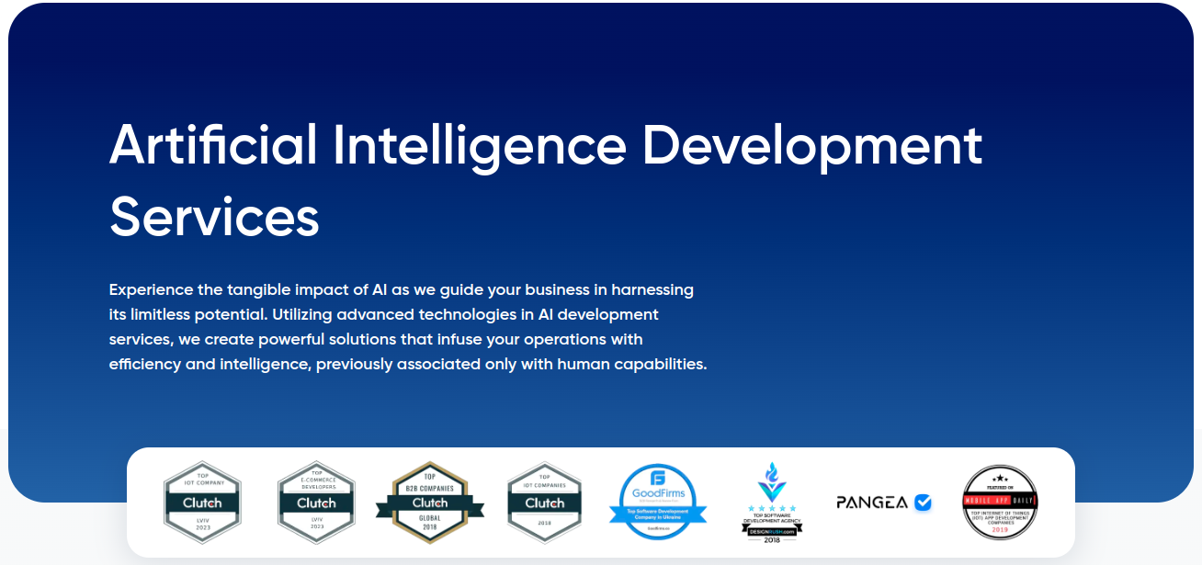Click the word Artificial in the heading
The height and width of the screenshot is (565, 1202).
click(x=213, y=145)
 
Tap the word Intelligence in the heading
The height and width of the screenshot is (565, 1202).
click(x=479, y=145)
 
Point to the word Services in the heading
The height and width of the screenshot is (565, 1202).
click(x=214, y=218)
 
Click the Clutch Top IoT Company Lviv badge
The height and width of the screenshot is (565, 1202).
click(x=202, y=503)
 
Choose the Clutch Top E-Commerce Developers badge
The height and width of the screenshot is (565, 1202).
click(x=316, y=503)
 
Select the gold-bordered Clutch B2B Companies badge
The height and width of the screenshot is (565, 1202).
click(x=430, y=503)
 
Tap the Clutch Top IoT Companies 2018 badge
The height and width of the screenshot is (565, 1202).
click(x=544, y=503)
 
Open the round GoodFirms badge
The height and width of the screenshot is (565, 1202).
click(x=659, y=502)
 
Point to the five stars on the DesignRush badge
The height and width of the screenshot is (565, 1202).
click(x=772, y=508)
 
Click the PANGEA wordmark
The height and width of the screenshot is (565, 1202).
click(x=872, y=503)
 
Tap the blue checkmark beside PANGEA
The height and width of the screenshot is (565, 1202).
click(x=923, y=503)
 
